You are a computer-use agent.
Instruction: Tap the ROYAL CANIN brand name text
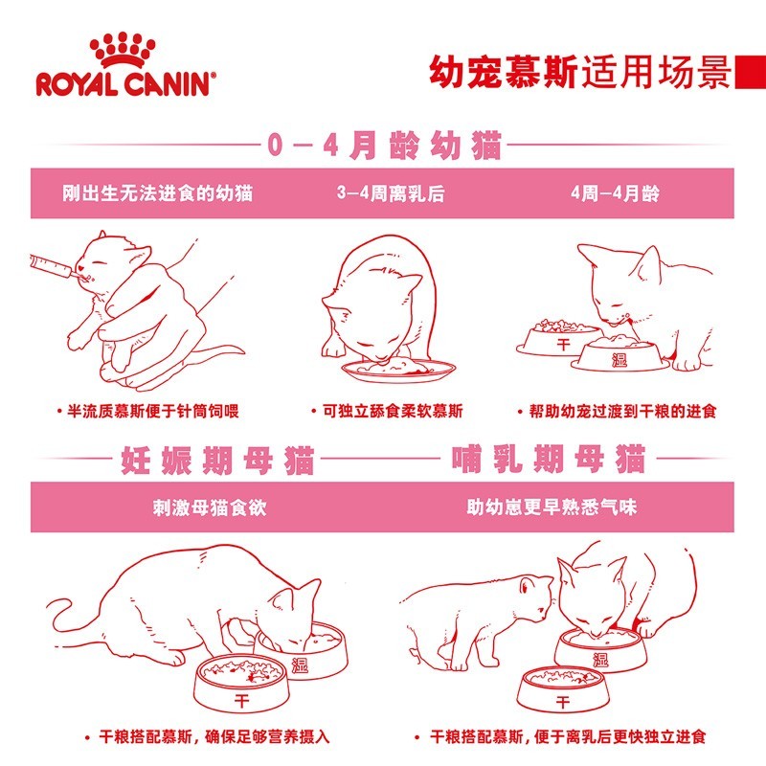click(x=125, y=83)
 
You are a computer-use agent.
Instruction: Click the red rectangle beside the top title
click(x=751, y=72)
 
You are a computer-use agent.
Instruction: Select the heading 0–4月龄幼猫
click(x=384, y=146)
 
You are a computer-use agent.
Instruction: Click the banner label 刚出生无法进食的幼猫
click(x=157, y=193)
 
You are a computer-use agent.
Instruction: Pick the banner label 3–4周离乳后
click(x=391, y=193)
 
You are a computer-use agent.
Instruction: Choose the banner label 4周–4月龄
click(x=615, y=193)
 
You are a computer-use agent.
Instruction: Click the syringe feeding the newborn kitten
click(x=55, y=268)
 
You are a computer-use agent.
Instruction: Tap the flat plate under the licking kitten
click(x=398, y=370)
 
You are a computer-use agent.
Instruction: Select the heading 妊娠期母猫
click(x=217, y=460)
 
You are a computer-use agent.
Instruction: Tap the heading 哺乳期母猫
click(x=548, y=459)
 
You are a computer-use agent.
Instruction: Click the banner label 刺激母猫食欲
click(x=210, y=507)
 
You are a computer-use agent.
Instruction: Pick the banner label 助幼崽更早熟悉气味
click(x=552, y=507)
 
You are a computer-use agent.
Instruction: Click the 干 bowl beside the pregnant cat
click(x=241, y=683)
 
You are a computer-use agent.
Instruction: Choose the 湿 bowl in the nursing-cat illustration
click(x=601, y=651)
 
